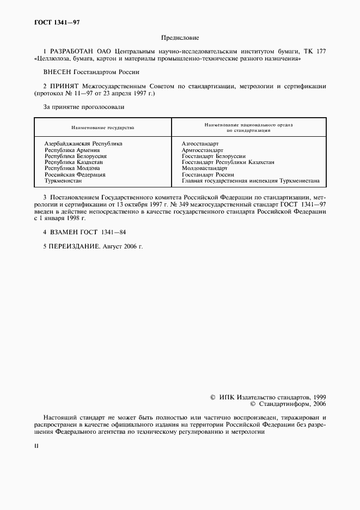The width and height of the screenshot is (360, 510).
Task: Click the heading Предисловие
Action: (x=180, y=38)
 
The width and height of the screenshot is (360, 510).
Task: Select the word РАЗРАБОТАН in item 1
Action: (x=68, y=51)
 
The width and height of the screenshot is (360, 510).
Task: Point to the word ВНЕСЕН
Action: (x=57, y=71)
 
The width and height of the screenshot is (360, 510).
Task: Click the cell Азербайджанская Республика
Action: (x=83, y=144)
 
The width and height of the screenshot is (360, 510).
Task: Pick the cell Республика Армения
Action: (x=72, y=150)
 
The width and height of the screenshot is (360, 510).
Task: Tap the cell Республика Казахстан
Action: (x=74, y=162)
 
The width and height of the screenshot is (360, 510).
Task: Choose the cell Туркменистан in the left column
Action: (x=63, y=181)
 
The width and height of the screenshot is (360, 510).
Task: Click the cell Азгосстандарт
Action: (x=200, y=144)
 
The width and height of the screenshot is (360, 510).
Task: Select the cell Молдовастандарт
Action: (x=204, y=168)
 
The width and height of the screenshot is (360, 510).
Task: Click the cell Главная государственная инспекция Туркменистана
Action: (x=251, y=181)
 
